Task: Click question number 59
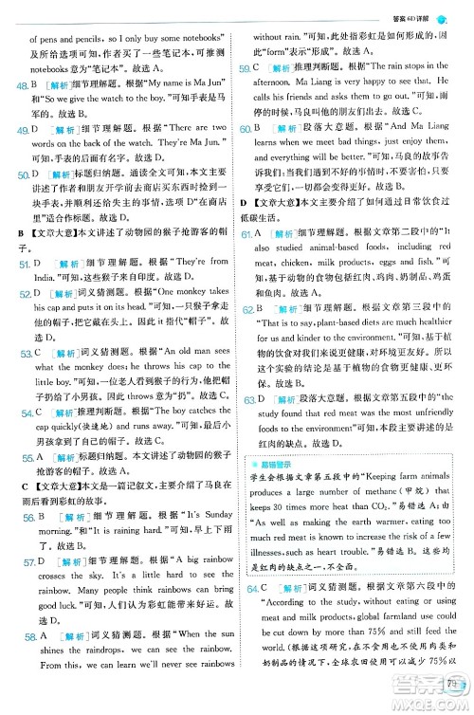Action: pos(246,69)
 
